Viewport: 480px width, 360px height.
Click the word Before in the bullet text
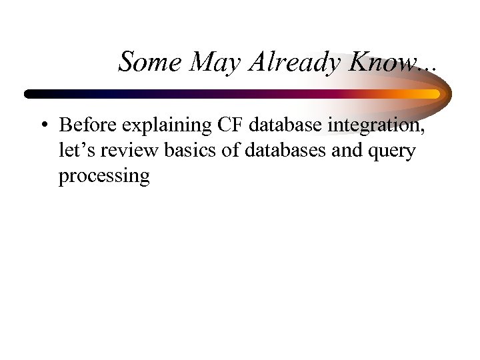(x=85, y=125)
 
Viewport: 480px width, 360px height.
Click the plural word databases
(x=287, y=151)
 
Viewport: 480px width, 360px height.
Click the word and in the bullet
(x=347, y=151)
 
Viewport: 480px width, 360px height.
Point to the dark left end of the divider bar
(x=30, y=93)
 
